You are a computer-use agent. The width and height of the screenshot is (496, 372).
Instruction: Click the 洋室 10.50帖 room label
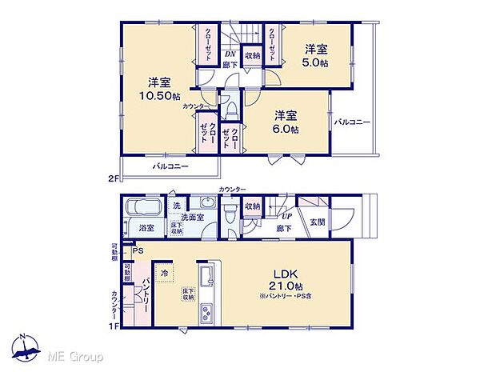(156, 89)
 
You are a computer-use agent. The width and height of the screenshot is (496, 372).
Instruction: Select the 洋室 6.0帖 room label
(284, 122)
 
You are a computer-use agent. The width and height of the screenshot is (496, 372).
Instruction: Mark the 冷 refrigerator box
(165, 272)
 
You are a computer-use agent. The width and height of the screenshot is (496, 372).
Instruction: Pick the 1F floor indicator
(114, 326)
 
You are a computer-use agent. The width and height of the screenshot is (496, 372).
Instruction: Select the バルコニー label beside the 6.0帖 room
(352, 122)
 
